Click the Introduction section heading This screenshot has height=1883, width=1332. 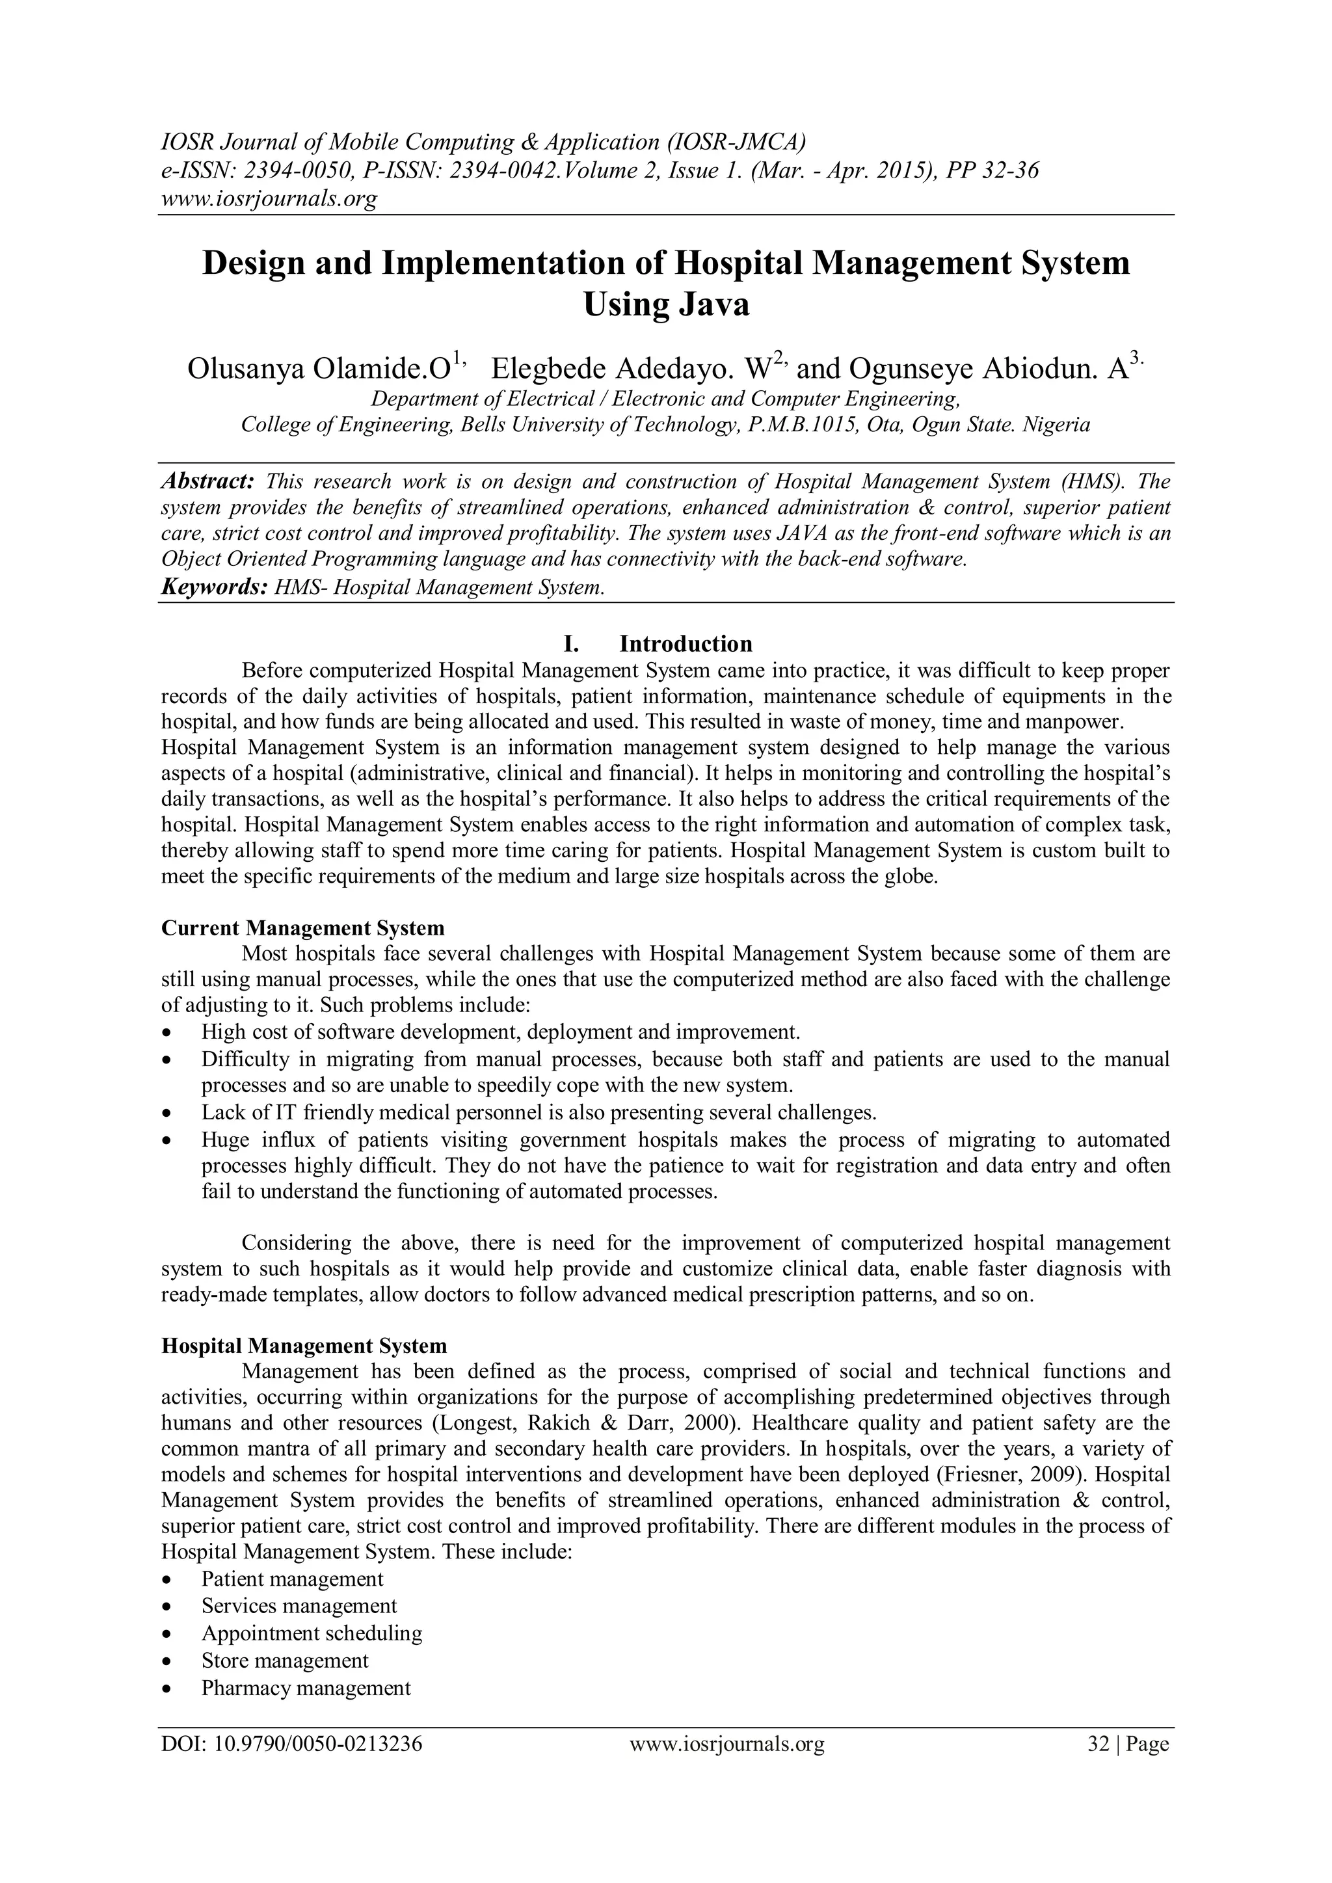click(x=686, y=644)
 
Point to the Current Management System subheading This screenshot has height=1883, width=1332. click(x=302, y=928)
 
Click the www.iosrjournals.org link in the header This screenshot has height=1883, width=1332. click(x=268, y=198)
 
